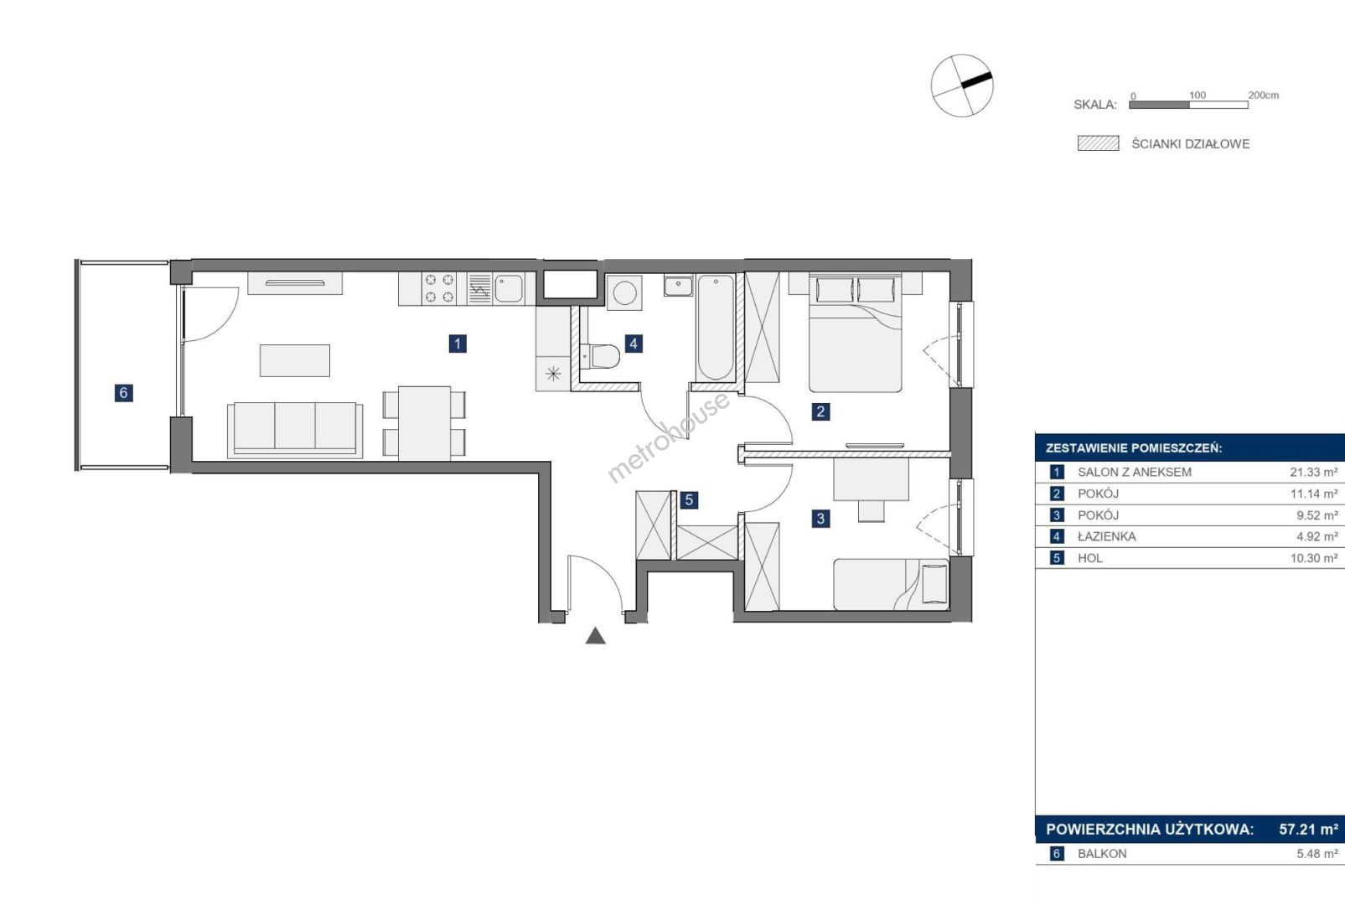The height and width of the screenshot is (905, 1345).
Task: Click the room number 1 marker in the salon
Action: [x=458, y=344]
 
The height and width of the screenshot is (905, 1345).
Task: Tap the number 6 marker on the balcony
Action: [x=124, y=393]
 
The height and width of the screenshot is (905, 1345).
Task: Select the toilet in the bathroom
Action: [x=600, y=356]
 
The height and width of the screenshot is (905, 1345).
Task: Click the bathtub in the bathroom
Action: [x=715, y=328]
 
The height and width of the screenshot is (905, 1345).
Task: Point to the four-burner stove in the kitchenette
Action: [x=439, y=288]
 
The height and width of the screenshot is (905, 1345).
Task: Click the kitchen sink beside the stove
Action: [x=509, y=288]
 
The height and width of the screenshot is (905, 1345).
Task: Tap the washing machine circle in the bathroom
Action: [x=624, y=293]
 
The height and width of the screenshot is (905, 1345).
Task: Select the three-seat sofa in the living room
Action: [x=295, y=430]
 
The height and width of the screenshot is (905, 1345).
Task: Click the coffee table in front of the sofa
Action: [x=295, y=360]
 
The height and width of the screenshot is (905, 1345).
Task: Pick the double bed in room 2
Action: [x=855, y=334]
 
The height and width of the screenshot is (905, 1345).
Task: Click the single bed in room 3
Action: [x=891, y=584]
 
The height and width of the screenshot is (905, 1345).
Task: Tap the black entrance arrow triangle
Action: [x=595, y=636]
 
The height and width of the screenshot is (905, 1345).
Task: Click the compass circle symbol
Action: [x=962, y=85]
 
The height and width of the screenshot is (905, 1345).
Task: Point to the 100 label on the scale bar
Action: [x=1198, y=95]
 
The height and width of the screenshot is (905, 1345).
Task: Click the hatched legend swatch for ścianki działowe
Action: [x=1099, y=143]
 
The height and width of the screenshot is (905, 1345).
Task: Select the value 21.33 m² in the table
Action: [x=1314, y=472]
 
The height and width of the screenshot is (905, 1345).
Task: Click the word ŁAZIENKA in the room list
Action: [x=1107, y=536]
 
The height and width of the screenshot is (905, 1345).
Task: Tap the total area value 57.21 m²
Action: [x=1308, y=830]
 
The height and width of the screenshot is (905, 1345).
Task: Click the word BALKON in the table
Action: [x=1102, y=853]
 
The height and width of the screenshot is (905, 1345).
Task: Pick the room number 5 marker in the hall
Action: [x=689, y=499]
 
